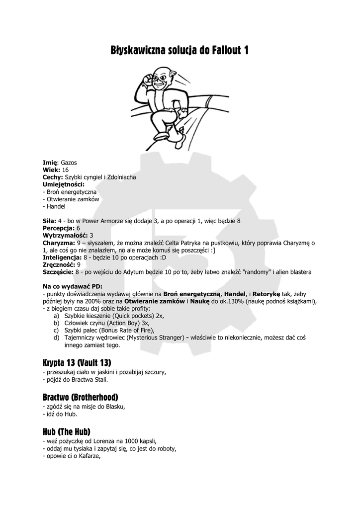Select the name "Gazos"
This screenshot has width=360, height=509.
[69, 163]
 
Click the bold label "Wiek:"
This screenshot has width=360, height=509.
[52, 170]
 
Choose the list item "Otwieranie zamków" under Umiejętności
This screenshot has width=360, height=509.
[73, 199]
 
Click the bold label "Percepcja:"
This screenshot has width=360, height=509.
[59, 228]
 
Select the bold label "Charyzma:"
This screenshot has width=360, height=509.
[59, 243]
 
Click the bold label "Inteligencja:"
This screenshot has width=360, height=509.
[62, 257]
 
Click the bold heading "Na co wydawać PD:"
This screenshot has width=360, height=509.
[73, 287]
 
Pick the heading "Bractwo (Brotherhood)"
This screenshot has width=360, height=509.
[80, 397]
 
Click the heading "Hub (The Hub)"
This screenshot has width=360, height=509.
[66, 432]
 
